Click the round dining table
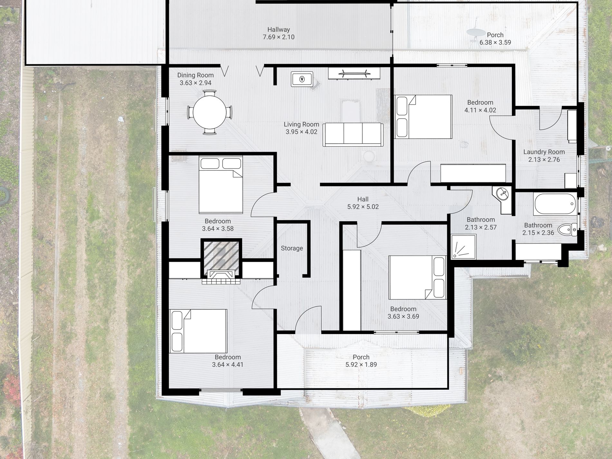(209, 112)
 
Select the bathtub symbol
(554, 204)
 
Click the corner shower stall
(464, 246)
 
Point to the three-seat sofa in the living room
(353, 135)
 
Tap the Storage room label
(292, 248)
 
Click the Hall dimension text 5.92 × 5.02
(363, 207)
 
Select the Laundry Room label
(544, 152)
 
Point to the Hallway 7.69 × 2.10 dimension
(279, 37)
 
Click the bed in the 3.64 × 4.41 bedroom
(198, 331)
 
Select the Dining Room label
(196, 75)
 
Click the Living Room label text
(301, 124)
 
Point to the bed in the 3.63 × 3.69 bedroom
(417, 277)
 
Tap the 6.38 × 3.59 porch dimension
(495, 43)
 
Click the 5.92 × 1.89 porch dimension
(361, 365)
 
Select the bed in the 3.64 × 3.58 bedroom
(221, 185)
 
